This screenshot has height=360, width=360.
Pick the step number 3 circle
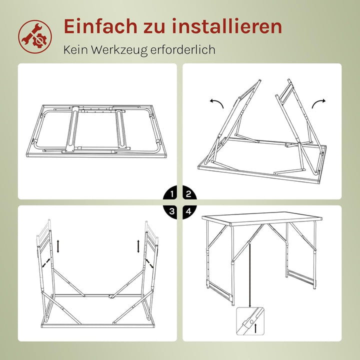point(172,211)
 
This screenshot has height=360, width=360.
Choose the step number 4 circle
point(188,211)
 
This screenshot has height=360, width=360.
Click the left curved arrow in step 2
point(216,103)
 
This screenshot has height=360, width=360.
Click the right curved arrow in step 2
point(318,103)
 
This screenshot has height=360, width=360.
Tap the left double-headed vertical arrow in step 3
point(59,246)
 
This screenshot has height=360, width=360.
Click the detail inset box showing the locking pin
point(250,322)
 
